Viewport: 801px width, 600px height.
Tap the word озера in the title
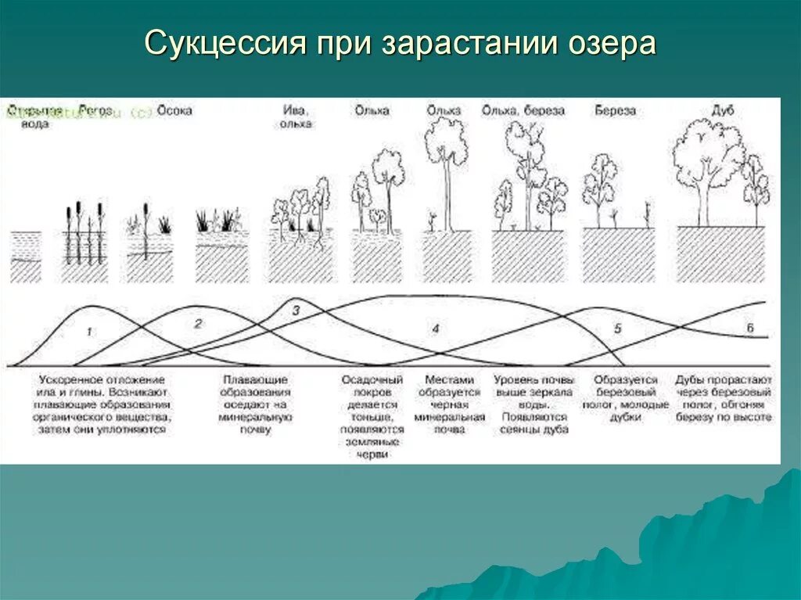click(608, 44)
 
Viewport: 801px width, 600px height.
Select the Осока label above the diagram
click(174, 111)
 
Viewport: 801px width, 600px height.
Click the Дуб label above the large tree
click(723, 111)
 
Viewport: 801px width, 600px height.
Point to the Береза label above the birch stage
click(615, 111)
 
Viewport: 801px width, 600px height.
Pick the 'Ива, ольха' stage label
click(296, 117)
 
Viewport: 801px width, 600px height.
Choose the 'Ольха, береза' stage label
click(523, 111)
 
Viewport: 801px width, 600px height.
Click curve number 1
click(89, 332)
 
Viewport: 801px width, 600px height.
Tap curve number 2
click(198, 323)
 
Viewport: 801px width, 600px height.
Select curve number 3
click(296, 311)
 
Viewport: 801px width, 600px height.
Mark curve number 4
click(436, 329)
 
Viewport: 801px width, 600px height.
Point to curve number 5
click(617, 329)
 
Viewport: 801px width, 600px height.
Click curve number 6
click(749, 329)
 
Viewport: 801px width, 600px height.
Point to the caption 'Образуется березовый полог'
click(625, 398)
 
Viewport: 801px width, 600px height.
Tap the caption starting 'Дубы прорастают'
click(724, 398)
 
